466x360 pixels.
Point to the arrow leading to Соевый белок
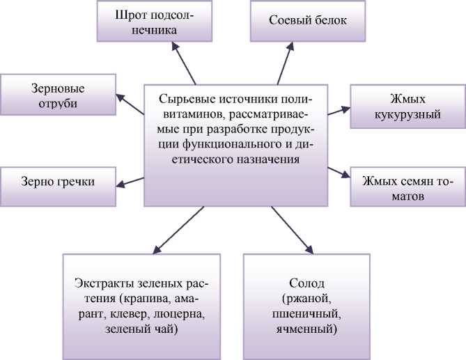coord(285,62)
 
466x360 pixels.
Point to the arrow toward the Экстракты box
coord(176,229)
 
